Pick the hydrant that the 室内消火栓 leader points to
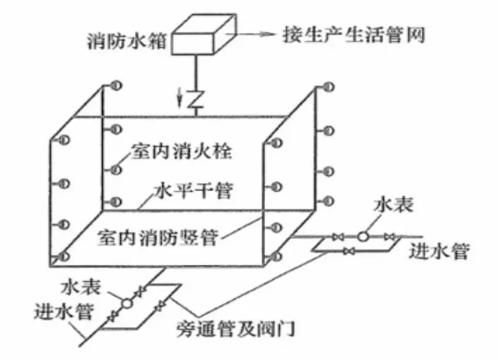click(x=116, y=170)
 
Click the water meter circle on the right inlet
click(x=363, y=237)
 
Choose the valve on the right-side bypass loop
click(x=350, y=252)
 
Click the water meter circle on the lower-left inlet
click(x=126, y=303)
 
